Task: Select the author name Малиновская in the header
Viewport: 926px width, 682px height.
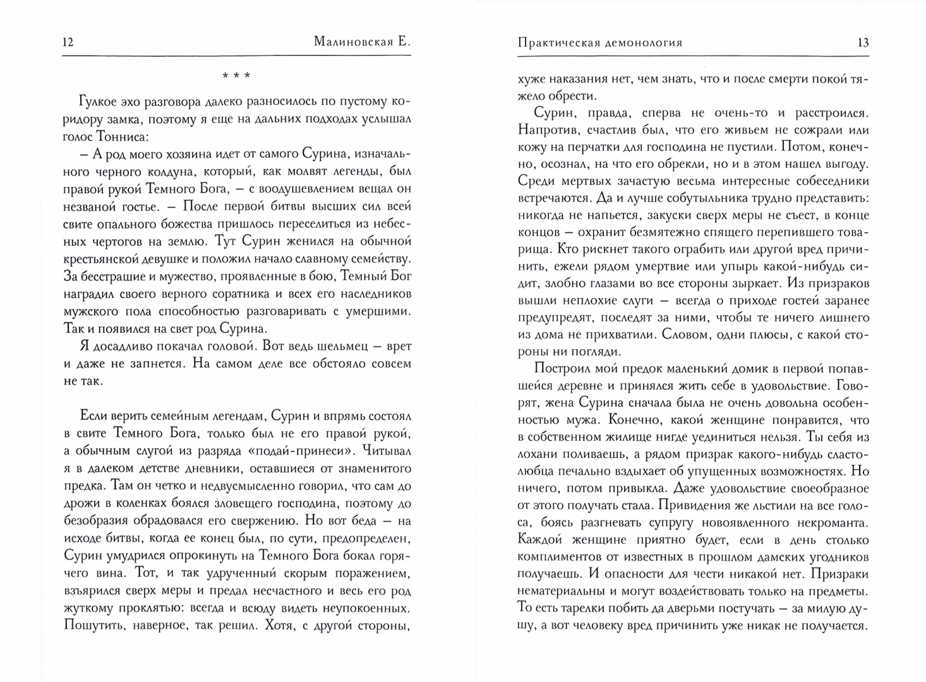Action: (x=354, y=42)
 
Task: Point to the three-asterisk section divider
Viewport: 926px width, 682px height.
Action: (x=236, y=76)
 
